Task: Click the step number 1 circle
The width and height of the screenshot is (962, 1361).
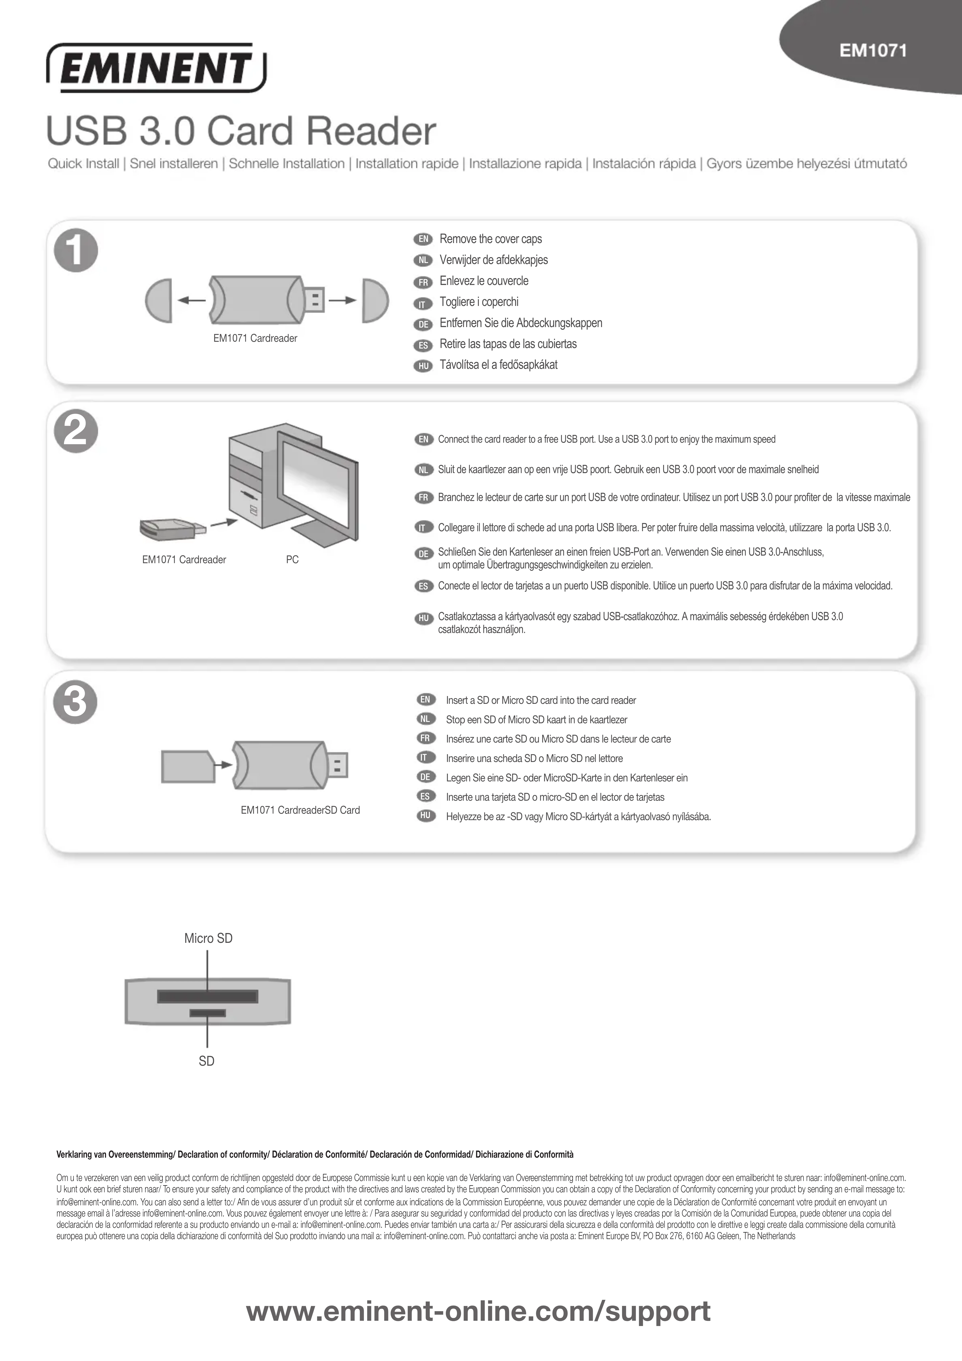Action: tap(76, 250)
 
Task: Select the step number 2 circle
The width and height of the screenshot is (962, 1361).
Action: tap(76, 432)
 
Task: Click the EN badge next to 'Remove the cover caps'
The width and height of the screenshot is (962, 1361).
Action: tap(423, 239)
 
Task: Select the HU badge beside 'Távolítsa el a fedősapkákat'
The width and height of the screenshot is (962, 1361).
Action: tap(423, 366)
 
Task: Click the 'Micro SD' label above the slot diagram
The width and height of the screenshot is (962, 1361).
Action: tap(208, 938)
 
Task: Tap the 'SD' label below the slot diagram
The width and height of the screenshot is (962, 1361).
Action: tap(206, 1061)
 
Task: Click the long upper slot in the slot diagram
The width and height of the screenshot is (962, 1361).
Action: tap(208, 996)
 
